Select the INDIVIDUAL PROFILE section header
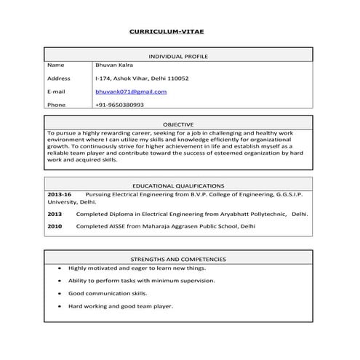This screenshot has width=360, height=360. pos(178,55)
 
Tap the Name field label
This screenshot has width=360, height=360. pos(55,65)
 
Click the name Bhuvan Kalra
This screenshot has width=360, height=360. pos(114,65)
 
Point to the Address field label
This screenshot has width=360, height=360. pos(58,79)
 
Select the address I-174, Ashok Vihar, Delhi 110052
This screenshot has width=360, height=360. pos(142,79)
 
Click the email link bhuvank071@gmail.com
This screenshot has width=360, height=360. pos(131,92)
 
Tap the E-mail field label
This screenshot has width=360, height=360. pos(56,92)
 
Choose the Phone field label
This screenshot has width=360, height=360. pos(56,105)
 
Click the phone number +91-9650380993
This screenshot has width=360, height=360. pos(119,105)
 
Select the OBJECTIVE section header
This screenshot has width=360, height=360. pos(178,125)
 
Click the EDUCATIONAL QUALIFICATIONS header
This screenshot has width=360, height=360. pos(178,186)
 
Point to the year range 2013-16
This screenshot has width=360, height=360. pos(59,196)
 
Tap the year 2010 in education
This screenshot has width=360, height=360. pos(55,226)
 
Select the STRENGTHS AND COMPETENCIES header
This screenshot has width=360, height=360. pos(178,259)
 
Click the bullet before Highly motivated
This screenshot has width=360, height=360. pos(58,268)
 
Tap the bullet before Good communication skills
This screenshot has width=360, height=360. pos(58,293)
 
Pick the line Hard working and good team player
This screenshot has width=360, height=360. pos(121,306)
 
